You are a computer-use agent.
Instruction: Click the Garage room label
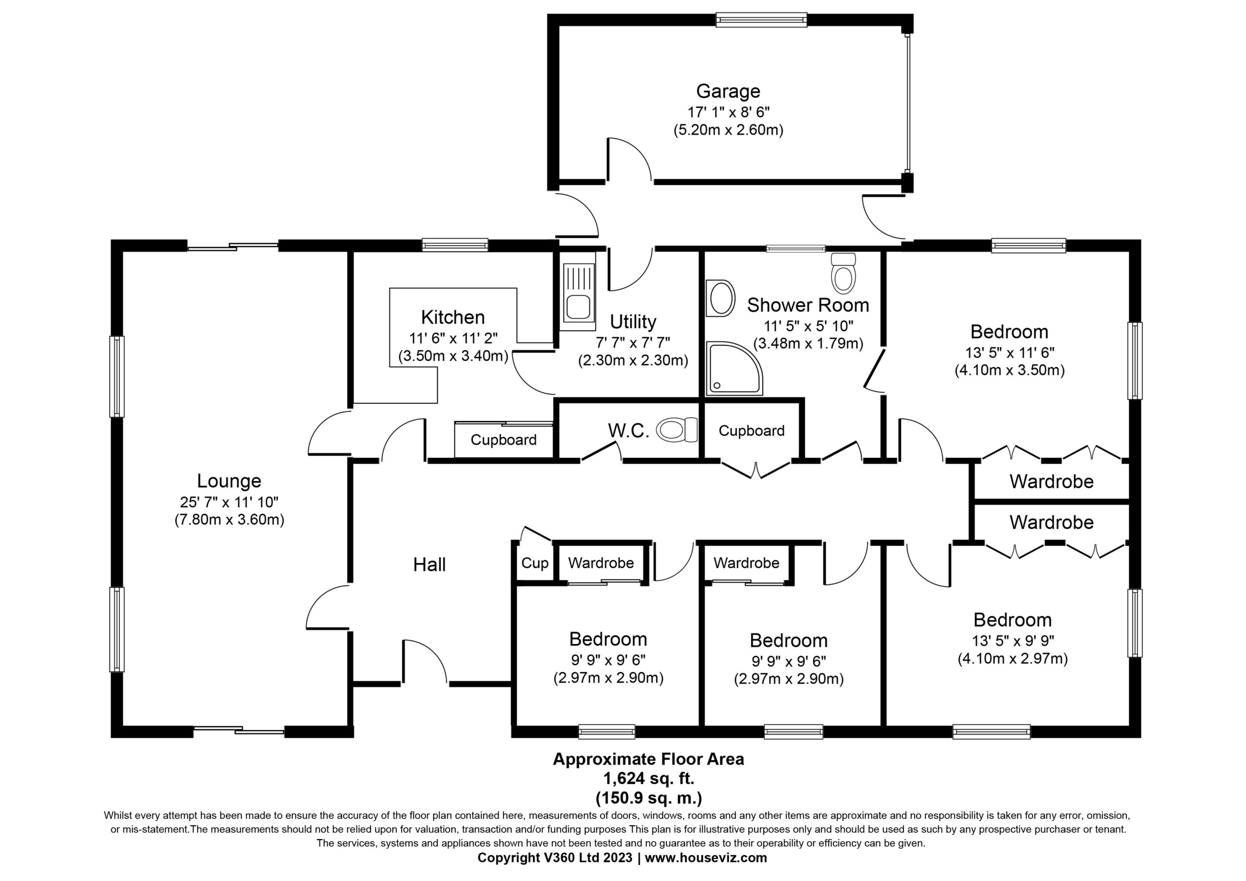[728, 91]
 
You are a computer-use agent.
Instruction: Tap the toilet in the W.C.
[676, 430]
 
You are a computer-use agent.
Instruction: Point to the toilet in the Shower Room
[843, 273]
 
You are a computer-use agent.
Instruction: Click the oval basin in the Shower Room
[721, 298]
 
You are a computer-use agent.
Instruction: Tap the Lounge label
[229, 481]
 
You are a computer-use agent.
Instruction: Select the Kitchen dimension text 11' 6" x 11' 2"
[453, 338]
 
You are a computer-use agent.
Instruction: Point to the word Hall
[429, 565]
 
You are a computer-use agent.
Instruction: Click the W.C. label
[628, 430]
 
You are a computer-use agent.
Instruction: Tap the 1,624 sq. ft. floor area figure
[648, 778]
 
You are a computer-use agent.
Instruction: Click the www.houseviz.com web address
[705, 858]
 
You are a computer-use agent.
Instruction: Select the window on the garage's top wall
[761, 20]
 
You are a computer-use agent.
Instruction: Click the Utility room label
[633, 322]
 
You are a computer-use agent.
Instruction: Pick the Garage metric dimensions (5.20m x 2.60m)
[728, 130]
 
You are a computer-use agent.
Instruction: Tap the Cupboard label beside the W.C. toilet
[751, 431]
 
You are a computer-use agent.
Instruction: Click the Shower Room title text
[808, 305]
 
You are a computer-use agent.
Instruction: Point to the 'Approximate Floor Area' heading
[648, 759]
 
